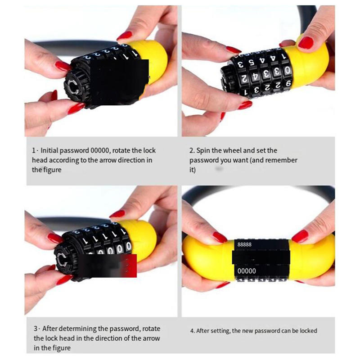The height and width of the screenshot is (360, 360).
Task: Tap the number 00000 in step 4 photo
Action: tap(246, 271)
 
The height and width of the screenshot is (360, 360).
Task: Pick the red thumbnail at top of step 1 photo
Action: tap(124, 35)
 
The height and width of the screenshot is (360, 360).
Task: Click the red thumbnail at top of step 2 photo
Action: tap(306, 42)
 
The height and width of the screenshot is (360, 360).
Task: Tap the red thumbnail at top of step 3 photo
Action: tap(118, 213)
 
